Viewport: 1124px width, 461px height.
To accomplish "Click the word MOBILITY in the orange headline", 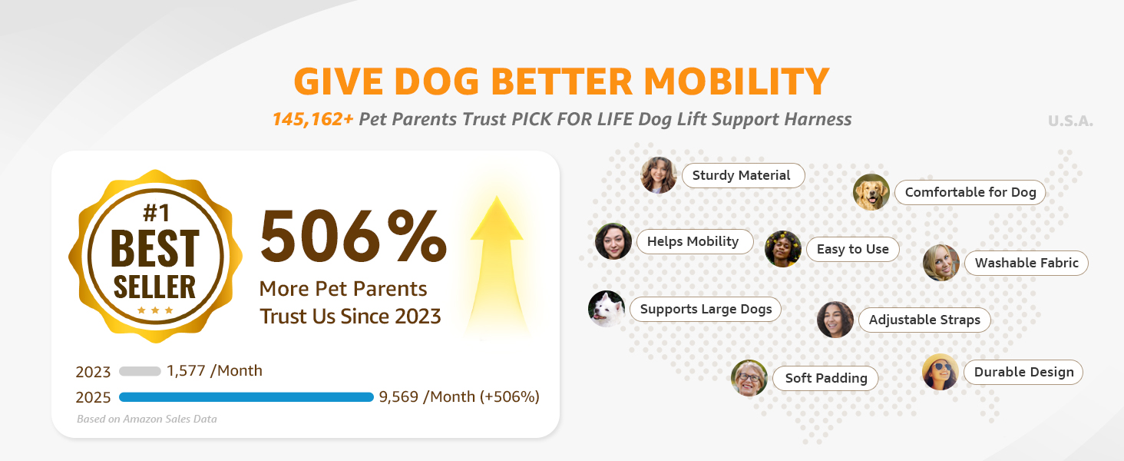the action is [x=736, y=81].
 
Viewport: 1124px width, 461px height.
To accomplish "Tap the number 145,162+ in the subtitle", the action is [x=312, y=120].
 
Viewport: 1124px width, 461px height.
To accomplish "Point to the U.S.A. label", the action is [x=1070, y=121].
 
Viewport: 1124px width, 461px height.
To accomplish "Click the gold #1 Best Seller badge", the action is [x=156, y=256].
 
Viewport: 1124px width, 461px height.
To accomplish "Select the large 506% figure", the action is [x=353, y=236].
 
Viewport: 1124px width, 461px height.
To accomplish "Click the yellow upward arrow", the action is [x=497, y=266].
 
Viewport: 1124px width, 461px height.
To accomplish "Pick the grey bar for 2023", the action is [x=140, y=372].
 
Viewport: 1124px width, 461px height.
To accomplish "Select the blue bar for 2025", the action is [x=246, y=397].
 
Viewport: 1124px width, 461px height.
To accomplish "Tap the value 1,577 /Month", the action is [x=214, y=370].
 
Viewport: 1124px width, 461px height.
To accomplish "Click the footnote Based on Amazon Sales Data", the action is [x=147, y=419].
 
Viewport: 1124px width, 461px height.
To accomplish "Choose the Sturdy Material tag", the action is [x=743, y=175].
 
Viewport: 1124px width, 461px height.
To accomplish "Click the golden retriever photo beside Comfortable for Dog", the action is [x=871, y=192].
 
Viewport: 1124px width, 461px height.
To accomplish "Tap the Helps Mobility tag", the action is [x=695, y=241].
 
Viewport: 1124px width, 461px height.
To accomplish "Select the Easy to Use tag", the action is [x=852, y=249].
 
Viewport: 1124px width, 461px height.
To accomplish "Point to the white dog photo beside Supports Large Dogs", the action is [x=607, y=309].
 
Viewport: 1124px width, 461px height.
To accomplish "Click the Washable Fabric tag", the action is [x=1026, y=263].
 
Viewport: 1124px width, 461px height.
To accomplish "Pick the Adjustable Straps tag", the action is [x=924, y=320].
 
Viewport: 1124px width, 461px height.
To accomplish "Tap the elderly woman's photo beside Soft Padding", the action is [x=749, y=378].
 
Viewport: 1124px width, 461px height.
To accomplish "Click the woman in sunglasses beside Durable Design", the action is [x=941, y=372].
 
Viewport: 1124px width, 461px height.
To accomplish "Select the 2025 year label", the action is [x=93, y=398].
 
